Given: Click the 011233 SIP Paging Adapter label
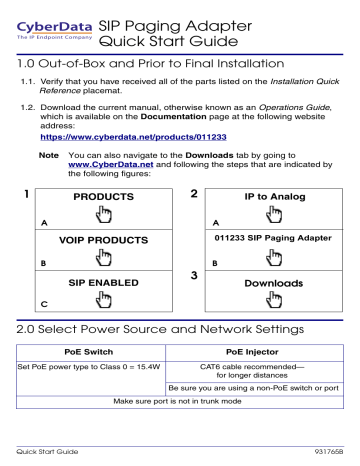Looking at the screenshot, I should pyautogui.click(x=267, y=240).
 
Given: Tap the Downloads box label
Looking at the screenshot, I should pyautogui.click(x=267, y=283).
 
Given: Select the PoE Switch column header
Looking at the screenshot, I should pyautogui.click(x=90, y=351).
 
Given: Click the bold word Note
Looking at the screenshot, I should pyautogui.click(x=47, y=155).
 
